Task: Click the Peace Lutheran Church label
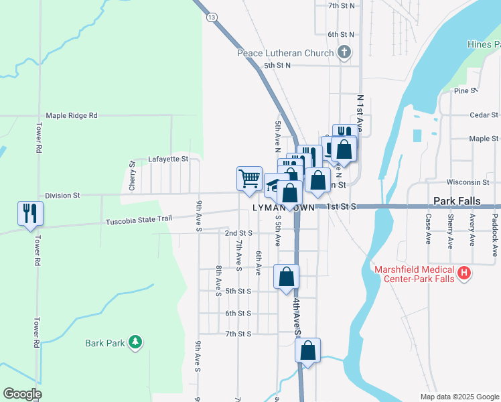(285, 53)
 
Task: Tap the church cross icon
(344, 52)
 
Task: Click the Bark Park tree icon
(135, 343)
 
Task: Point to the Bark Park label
(105, 343)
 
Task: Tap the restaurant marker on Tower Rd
(30, 214)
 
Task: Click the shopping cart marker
(249, 179)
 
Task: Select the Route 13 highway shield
(211, 16)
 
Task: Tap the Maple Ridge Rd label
(72, 115)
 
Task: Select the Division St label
(62, 196)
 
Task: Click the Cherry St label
(132, 173)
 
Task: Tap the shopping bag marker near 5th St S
(286, 277)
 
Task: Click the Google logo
(22, 394)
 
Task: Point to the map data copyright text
(459, 397)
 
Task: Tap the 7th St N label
(341, 5)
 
